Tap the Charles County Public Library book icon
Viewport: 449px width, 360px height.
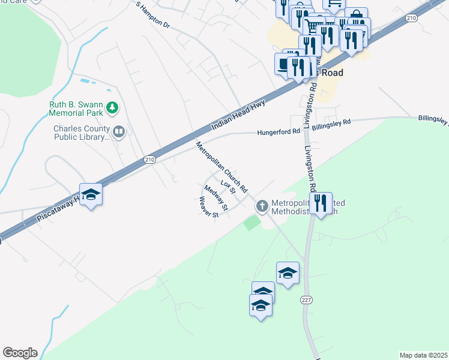click(119, 131)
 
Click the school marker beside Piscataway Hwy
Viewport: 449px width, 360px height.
click(91, 195)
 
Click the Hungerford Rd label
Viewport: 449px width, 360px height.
click(279, 131)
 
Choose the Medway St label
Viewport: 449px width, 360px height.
click(216, 199)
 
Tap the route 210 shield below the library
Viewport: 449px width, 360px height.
click(149, 159)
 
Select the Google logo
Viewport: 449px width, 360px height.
click(20, 353)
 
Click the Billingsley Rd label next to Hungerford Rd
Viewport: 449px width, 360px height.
click(330, 123)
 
